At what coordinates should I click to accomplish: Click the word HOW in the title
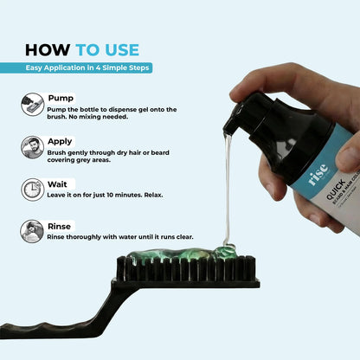click(x=48, y=50)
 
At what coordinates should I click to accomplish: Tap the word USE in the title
click(x=122, y=50)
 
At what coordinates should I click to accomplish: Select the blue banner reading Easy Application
click(x=76, y=67)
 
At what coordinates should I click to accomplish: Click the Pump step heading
click(x=61, y=98)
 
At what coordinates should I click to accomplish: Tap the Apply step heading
click(x=60, y=142)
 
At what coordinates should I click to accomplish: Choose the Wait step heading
click(x=57, y=184)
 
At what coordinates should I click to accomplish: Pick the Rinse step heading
click(x=59, y=227)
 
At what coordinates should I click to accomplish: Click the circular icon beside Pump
click(x=32, y=105)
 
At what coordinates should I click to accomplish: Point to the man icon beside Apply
click(x=32, y=147)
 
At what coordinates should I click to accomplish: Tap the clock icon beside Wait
click(x=32, y=190)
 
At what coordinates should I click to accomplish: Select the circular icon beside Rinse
click(x=32, y=231)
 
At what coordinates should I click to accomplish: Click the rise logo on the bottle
click(x=318, y=174)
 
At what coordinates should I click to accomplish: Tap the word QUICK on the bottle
click(x=336, y=190)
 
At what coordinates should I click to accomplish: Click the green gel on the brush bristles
click(x=182, y=254)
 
